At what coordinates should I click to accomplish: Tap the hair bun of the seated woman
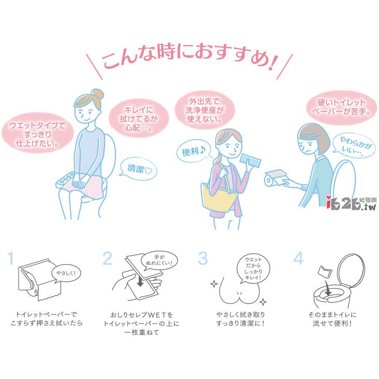97,94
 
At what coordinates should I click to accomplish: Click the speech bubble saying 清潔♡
139,169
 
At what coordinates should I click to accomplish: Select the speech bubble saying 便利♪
194,151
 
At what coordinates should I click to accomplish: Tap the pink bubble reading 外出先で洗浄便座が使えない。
205,110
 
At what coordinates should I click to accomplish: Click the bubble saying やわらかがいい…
354,147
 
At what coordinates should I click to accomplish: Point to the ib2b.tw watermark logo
351,203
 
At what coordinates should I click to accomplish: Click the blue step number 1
10,258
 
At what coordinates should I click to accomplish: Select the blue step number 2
107,258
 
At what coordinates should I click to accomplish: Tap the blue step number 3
203,258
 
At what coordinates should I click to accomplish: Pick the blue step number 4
299,258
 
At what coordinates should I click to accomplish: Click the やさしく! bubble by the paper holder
66,273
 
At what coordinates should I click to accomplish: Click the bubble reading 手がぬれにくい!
159,260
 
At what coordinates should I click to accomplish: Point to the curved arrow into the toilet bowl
327,288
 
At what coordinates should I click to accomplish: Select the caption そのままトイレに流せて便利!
332,319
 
